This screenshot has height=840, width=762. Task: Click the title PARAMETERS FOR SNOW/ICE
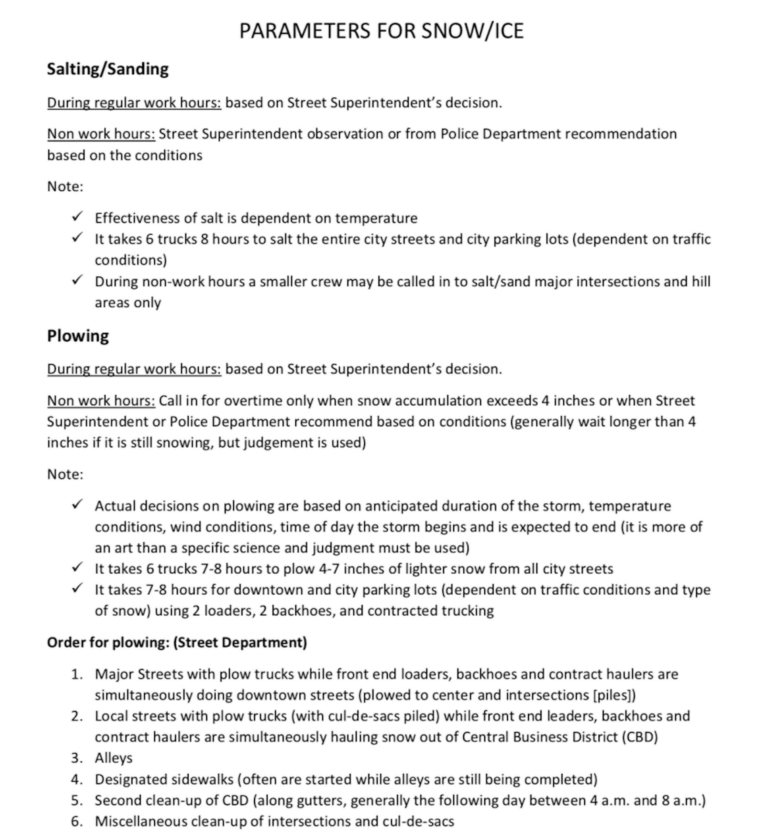click(x=381, y=31)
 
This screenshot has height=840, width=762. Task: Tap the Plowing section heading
click(x=78, y=336)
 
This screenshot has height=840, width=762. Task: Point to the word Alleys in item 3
click(x=113, y=757)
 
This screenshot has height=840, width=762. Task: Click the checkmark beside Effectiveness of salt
click(x=77, y=217)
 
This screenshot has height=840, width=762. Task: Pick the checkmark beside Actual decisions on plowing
click(x=77, y=504)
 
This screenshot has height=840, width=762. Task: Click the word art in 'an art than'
click(x=123, y=547)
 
